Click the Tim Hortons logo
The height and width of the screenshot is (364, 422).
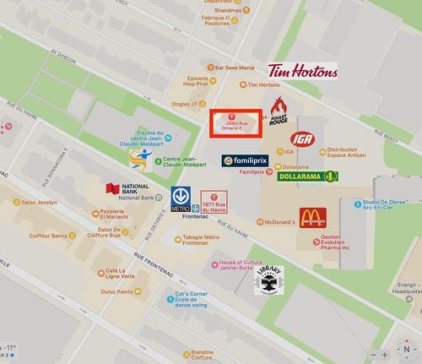pos(302,70)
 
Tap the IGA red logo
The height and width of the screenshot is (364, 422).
pos(301,139)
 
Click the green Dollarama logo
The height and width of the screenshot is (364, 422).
pos(308,176)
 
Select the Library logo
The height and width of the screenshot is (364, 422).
pos(268,280)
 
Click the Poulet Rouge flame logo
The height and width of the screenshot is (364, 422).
pos(278,111)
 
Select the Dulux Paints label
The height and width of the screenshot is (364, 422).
pos(116,292)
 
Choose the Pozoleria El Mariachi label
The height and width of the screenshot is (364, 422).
pos(116,215)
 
